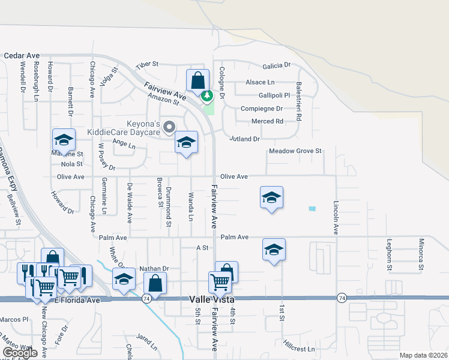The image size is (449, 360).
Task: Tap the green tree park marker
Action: [x=207, y=95]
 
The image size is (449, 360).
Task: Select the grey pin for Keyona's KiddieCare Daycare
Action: [x=169, y=127]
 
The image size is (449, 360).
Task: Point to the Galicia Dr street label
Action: [x=276, y=65]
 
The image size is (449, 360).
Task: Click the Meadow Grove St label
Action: [x=295, y=151]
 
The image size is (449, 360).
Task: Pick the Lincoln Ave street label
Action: [x=336, y=217]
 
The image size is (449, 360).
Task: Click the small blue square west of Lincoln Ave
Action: [x=312, y=209]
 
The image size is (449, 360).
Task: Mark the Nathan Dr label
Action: [x=155, y=269]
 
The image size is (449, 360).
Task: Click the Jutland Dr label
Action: [x=244, y=139]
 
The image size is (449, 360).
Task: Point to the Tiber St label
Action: [x=146, y=64]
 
